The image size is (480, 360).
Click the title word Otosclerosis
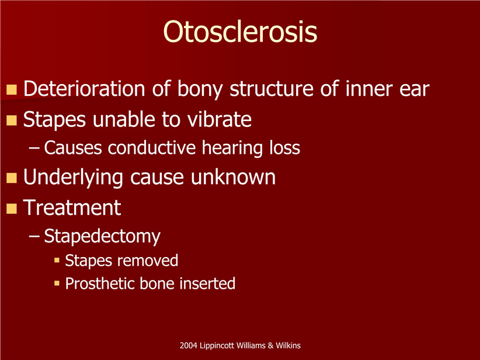click(240, 32)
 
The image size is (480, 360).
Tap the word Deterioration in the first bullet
click(84, 89)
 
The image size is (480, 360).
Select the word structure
click(272, 89)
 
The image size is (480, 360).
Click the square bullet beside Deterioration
click(12, 90)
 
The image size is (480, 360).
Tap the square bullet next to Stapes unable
click(12, 120)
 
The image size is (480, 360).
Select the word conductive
click(152, 148)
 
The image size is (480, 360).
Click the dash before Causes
click(34, 148)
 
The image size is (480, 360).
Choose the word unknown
click(233, 177)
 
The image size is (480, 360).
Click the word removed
click(149, 261)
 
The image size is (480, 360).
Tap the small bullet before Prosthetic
click(57, 283)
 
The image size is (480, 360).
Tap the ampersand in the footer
click(270, 345)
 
